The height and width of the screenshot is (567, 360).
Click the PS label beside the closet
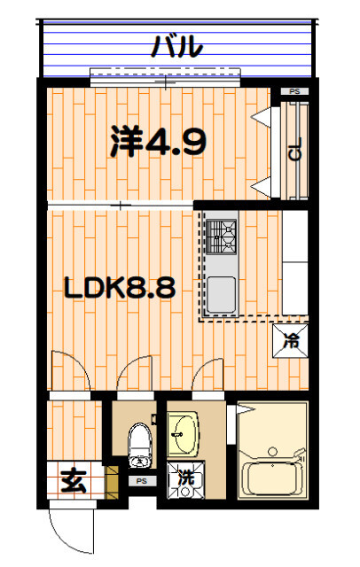point(293,91)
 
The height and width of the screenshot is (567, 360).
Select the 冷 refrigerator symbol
point(291,339)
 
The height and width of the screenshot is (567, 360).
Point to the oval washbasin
point(184,434)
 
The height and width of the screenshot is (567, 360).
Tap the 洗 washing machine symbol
point(185,477)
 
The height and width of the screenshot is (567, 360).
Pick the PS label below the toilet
point(141,481)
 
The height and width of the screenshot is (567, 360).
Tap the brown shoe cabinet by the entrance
point(112,479)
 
